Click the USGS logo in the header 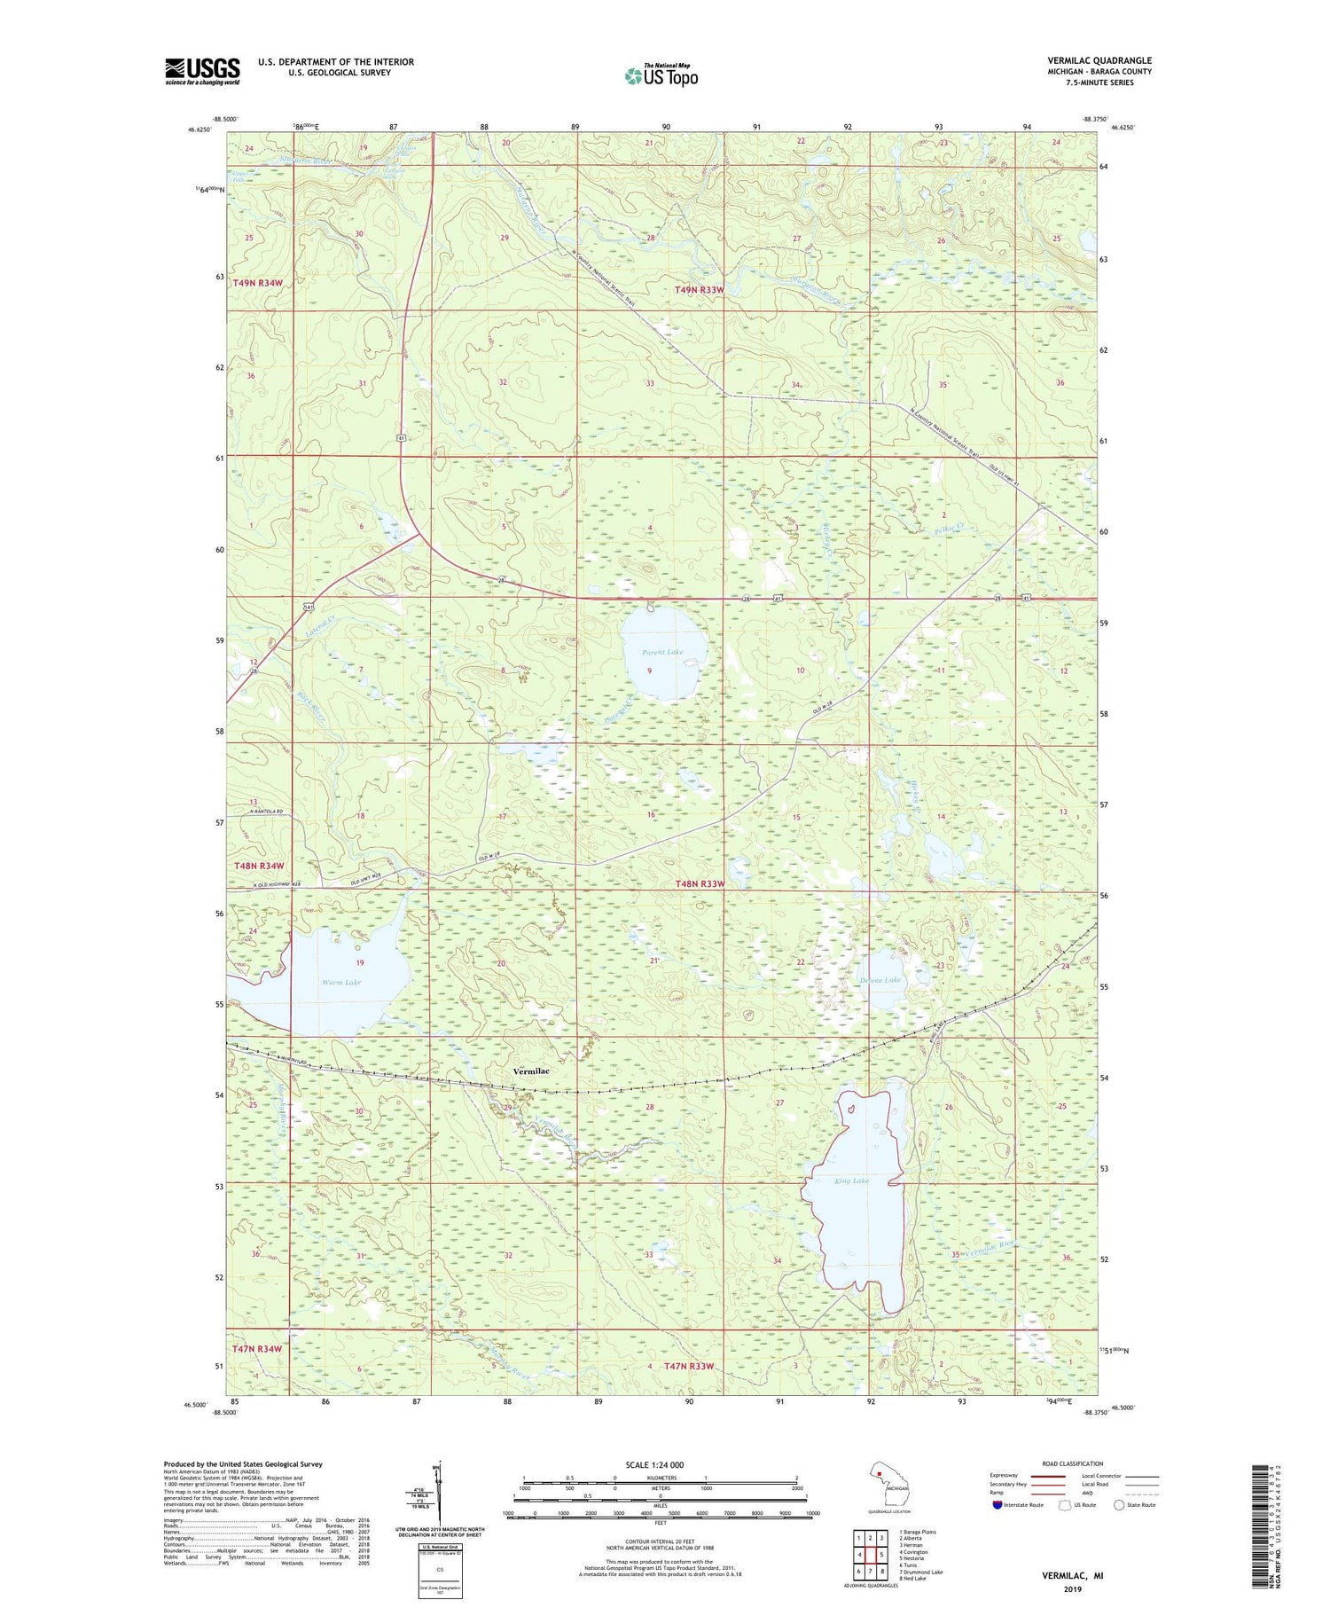[x=202, y=71]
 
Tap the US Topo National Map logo [x=661, y=75]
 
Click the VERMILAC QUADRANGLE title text [x=1099, y=60]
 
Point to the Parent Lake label [x=662, y=652]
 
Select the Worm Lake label [x=341, y=983]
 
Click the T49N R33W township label [x=700, y=290]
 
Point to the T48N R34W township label [x=260, y=866]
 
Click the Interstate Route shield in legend [x=997, y=1504]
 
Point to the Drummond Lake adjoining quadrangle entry [x=922, y=1572]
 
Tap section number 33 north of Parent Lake [x=650, y=383]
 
